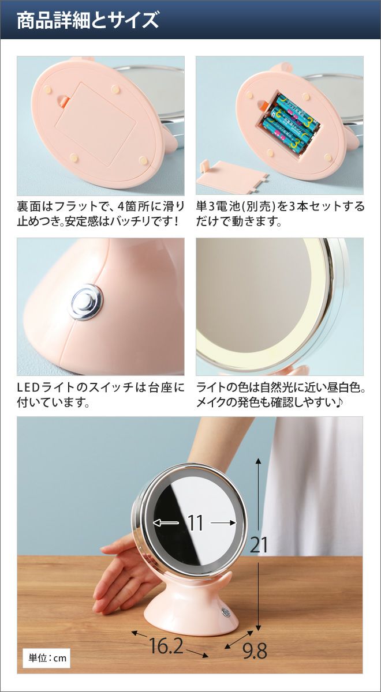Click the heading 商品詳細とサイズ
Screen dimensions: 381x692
(x=88, y=20)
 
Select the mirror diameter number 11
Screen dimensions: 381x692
(x=196, y=522)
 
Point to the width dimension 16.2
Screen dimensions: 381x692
(x=166, y=637)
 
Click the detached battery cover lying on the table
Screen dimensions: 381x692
(x=233, y=177)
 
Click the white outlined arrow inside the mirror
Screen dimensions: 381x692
(x=166, y=522)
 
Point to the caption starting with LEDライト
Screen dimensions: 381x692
(x=100, y=395)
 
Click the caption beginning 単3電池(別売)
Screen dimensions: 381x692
(x=280, y=213)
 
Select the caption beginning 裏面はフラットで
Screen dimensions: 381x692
(x=100, y=213)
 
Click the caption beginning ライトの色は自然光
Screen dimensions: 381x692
(x=281, y=395)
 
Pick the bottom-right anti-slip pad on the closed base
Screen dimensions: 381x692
(x=143, y=160)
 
